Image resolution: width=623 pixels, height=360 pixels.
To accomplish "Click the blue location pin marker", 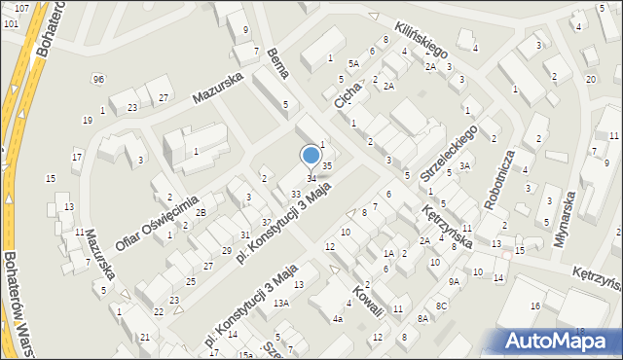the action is [311, 156].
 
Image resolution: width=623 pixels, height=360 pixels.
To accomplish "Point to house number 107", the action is [21, 8].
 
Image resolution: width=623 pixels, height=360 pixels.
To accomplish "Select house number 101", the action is [11, 21].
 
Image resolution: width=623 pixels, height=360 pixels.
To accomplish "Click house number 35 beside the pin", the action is [328, 166].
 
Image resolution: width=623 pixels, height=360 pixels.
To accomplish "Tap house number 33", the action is [295, 195].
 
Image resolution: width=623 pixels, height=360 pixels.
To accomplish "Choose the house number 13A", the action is [281, 303].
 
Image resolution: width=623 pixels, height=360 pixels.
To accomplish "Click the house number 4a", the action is [338, 318].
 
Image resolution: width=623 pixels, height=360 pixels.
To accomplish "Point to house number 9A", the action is [454, 281].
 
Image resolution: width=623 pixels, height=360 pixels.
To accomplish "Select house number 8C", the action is [441, 306].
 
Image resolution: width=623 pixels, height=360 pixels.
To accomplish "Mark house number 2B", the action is [201, 212].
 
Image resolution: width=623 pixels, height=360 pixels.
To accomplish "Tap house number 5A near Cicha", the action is [354, 63].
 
